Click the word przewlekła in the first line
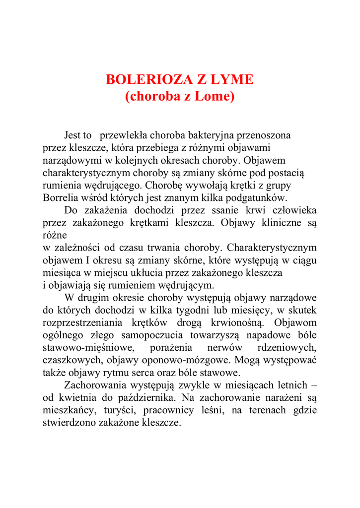[x=124, y=135]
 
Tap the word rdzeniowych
[x=288, y=348]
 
